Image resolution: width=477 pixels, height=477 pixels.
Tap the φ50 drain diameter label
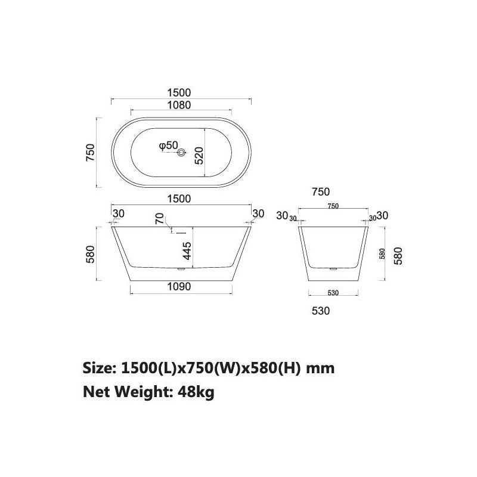(168, 145)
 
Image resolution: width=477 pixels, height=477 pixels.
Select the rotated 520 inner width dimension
(199, 154)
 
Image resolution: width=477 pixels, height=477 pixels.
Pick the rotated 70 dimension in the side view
(159, 219)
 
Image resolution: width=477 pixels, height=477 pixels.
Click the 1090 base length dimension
(178, 287)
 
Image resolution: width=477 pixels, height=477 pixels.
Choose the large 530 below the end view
(320, 311)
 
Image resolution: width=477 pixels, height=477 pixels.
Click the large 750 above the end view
(320, 191)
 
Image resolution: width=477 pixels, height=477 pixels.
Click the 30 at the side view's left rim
(118, 213)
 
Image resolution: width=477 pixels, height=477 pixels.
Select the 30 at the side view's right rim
(258, 213)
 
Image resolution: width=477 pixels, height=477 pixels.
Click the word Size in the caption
(98, 368)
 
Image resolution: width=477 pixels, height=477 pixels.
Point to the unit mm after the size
(320, 368)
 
